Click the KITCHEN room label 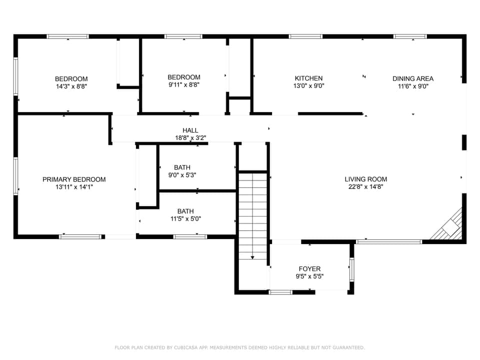[x=308, y=78]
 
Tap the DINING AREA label [x=412, y=78]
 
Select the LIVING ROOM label [x=365, y=179]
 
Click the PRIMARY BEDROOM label [x=74, y=179]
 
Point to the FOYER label [x=309, y=269]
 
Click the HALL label [x=190, y=130]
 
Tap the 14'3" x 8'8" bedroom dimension [x=71, y=86]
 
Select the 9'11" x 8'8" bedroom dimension [x=183, y=84]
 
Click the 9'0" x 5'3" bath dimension [x=182, y=175]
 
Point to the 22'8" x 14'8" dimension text [x=365, y=186]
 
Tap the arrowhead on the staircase [x=252, y=257]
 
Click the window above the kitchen [x=305, y=36]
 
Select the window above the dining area [x=410, y=36]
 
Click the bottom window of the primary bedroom [x=80, y=236]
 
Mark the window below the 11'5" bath [x=190, y=236]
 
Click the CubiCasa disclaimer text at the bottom [x=240, y=347]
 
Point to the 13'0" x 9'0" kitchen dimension [x=308, y=86]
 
